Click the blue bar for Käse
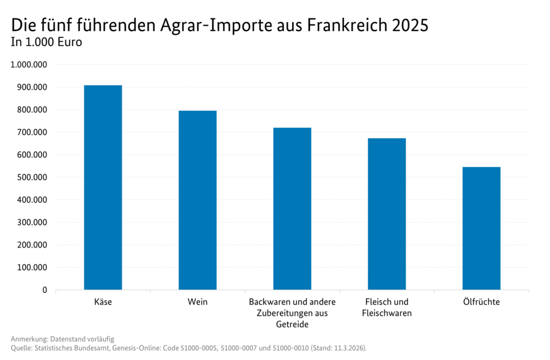click(x=103, y=187)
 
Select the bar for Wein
click(x=197, y=200)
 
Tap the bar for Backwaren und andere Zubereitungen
click(x=292, y=208)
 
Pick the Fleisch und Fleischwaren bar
click(x=387, y=214)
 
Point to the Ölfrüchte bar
click(x=481, y=228)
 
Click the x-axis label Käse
click(x=103, y=302)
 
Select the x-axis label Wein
click(x=197, y=302)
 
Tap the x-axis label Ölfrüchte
click(x=481, y=302)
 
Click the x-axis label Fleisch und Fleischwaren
click(x=387, y=307)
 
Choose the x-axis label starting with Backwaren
click(x=292, y=313)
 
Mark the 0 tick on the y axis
click(x=44, y=290)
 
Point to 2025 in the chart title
click(x=411, y=26)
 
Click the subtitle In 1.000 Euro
click(x=46, y=43)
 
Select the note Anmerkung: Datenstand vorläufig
click(x=62, y=339)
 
